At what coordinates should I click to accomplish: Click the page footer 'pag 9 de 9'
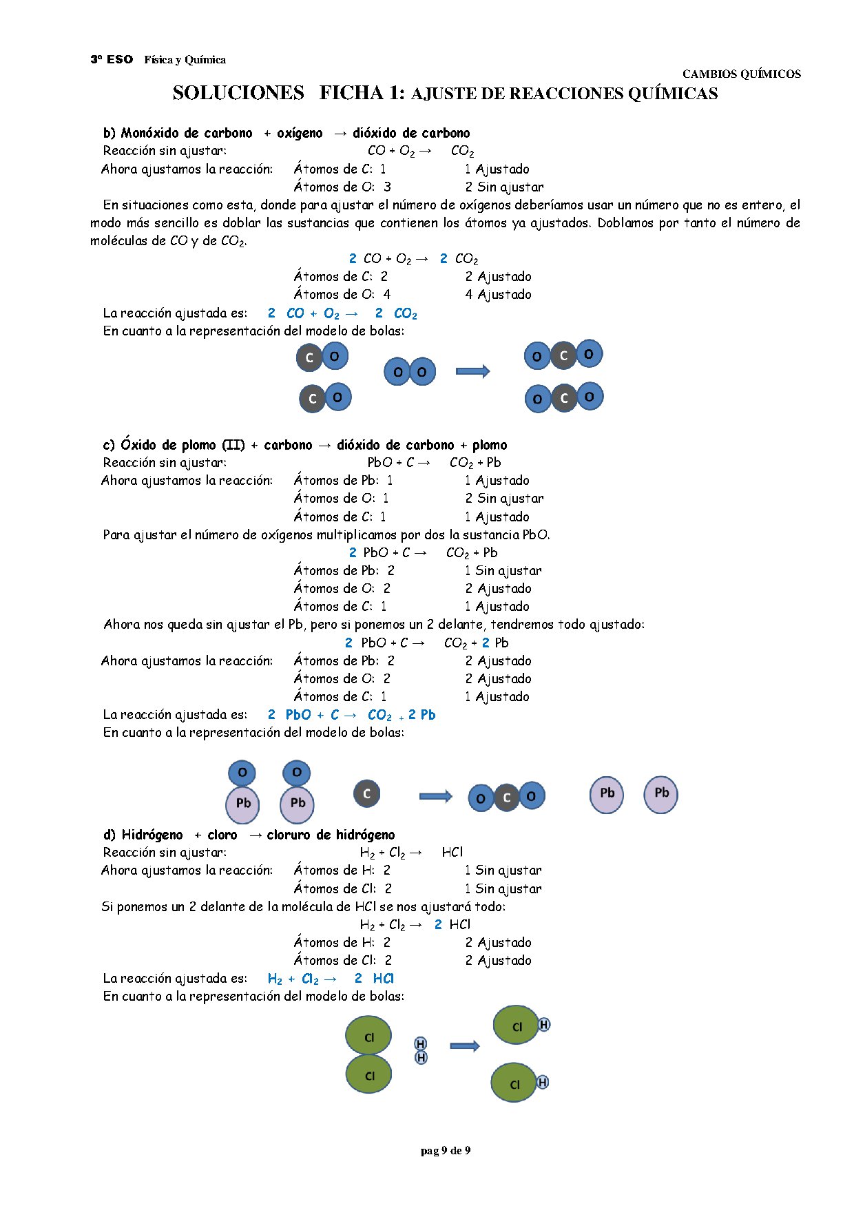[445, 1150]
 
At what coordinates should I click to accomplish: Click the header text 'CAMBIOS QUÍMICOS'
[741, 74]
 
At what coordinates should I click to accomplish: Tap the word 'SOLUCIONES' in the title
[238, 93]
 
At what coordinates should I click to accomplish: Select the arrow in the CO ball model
[472, 371]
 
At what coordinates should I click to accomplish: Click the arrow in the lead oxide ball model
[435, 796]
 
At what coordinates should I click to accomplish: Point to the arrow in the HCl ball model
[464, 1045]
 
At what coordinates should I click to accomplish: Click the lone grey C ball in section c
[366, 793]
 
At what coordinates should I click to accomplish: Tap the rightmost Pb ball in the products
[661, 794]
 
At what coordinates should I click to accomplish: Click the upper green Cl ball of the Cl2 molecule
[368, 1036]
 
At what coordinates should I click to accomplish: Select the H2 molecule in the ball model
[421, 1050]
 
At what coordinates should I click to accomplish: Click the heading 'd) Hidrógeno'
[143, 835]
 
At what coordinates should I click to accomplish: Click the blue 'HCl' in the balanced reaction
[383, 978]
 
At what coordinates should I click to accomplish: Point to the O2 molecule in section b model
[410, 372]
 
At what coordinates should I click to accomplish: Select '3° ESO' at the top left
[112, 59]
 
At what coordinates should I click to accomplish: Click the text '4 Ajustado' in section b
[498, 294]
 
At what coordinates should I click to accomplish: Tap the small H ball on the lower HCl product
[543, 1082]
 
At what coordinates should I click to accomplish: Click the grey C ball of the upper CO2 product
[563, 355]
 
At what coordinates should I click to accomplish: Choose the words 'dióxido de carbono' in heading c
[395, 445]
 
